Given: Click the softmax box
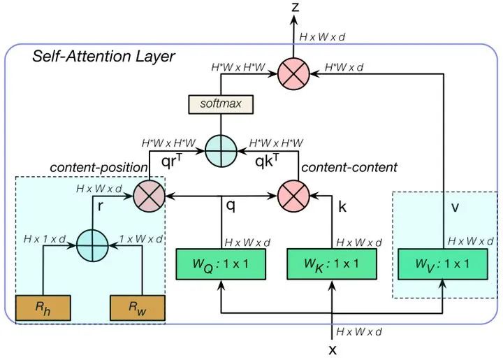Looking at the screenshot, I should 220,104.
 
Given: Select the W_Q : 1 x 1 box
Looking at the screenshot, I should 221,264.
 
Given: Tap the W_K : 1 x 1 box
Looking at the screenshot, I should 333,264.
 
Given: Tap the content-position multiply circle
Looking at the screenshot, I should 150,192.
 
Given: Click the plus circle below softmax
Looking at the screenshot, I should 220,149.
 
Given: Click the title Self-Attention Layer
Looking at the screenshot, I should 104,56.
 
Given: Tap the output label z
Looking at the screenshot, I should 296,8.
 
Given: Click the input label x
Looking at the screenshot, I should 333,347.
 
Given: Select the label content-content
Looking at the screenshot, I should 349,167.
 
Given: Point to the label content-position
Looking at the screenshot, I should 99,168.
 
